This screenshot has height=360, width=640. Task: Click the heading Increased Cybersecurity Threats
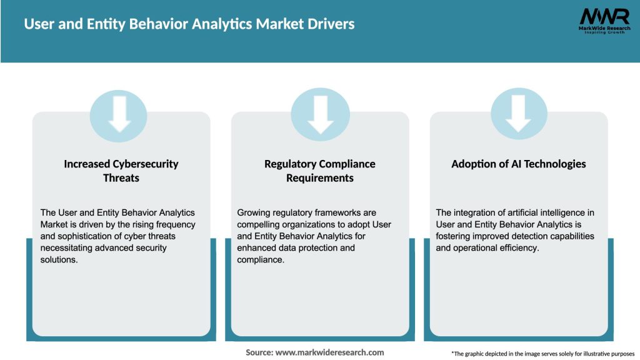tap(121, 171)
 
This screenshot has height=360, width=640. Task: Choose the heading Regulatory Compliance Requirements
tap(320, 171)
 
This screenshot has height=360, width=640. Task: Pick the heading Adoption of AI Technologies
tap(519, 164)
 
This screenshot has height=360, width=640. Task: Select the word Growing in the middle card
tap(254, 213)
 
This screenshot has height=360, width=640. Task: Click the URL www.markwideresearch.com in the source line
tap(329, 352)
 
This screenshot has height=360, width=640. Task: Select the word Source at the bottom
tap(259, 352)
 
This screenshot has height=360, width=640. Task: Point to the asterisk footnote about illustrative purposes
tap(542, 354)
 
